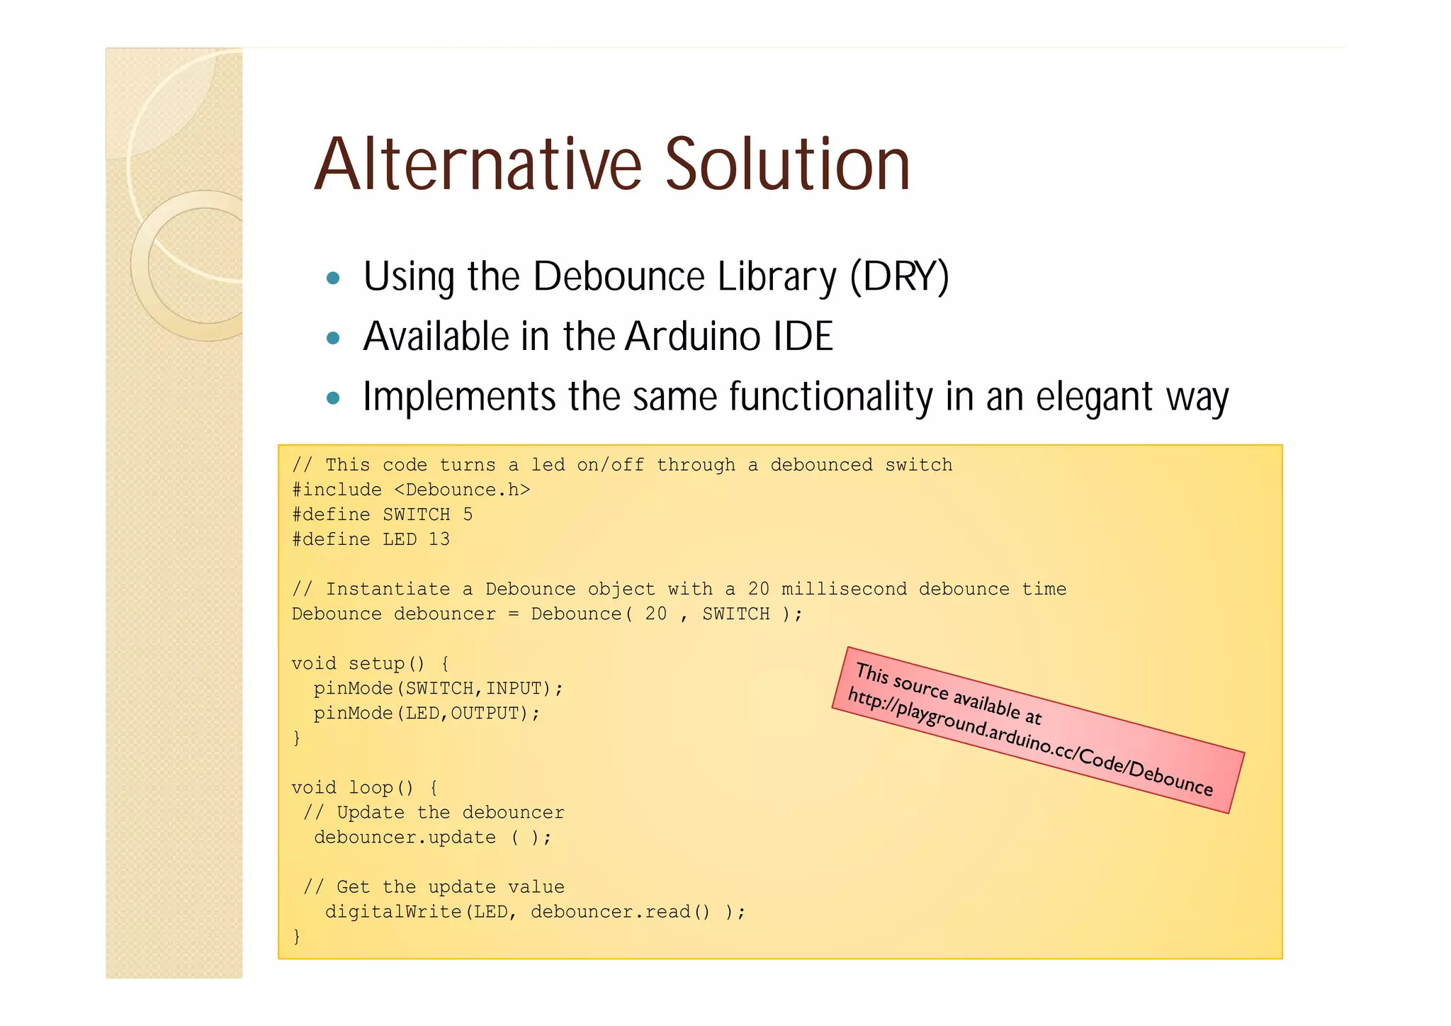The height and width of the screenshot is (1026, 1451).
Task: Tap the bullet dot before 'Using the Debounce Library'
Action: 333,278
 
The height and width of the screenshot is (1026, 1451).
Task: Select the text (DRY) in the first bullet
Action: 899,276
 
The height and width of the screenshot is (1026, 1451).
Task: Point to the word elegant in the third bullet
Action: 1094,397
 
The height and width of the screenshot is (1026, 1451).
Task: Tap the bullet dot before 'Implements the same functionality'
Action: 333,398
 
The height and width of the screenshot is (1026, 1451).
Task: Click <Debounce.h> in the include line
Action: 461,490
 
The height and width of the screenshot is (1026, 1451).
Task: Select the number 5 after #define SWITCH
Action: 468,514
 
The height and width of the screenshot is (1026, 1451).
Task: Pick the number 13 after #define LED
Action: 439,539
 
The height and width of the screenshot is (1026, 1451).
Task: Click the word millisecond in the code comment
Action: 844,589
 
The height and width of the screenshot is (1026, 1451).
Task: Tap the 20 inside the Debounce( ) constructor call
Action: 655,614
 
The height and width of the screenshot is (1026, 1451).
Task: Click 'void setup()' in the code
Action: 358,664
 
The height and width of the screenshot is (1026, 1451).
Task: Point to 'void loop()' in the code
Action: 352,788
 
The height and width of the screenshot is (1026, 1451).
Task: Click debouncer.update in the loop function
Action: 405,838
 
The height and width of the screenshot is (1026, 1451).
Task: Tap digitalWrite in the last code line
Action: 393,912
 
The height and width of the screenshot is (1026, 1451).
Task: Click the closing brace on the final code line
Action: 297,937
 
